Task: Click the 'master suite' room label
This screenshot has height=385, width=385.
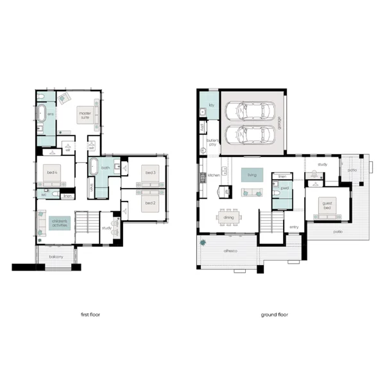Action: pos(85,115)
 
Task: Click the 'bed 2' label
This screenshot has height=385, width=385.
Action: pos(150,203)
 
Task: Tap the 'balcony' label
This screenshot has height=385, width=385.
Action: pos(56,257)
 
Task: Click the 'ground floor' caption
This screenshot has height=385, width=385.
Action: pos(274,315)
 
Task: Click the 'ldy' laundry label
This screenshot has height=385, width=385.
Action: pos(209,103)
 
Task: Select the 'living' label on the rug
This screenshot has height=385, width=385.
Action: pos(252,174)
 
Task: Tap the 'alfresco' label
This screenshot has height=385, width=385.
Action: pos(230,251)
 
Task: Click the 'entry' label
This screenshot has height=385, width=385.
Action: pos(294,227)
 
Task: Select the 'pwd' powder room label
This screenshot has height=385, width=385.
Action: pos(283,189)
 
